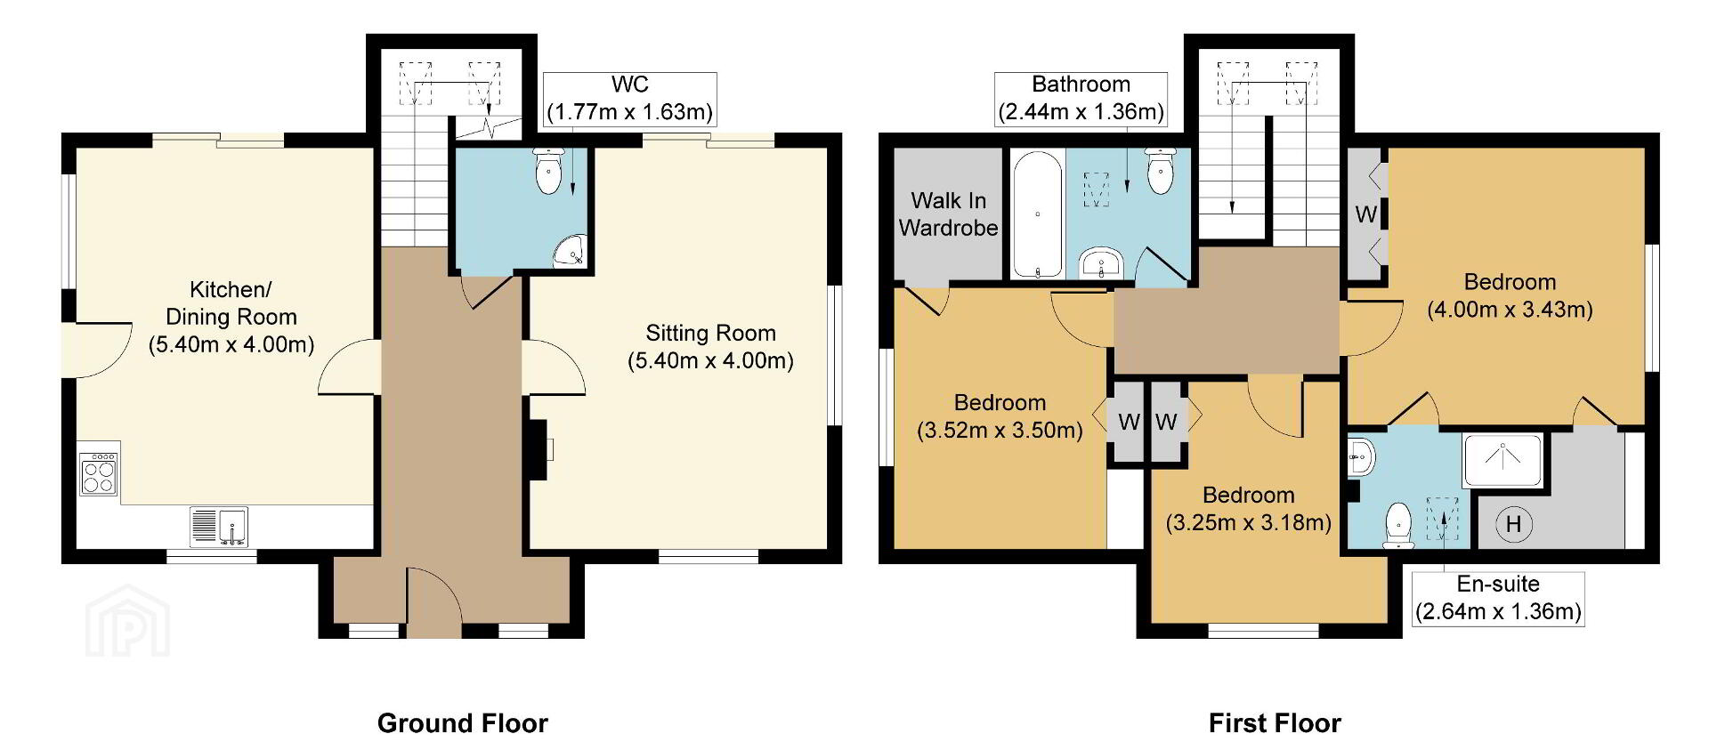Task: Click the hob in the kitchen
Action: [99, 473]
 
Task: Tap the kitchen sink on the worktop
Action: [219, 527]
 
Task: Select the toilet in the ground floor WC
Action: [547, 170]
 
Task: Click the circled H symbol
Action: [1513, 524]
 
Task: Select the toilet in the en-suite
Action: [1399, 526]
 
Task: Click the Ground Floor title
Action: [463, 722]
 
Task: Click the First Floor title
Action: [1275, 722]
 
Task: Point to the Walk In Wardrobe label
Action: [948, 214]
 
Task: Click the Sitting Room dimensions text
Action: [710, 360]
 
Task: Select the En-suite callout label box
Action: [1498, 599]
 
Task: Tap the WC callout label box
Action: [629, 99]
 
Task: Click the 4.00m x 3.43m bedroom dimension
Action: [1510, 310]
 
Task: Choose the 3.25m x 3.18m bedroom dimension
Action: [1248, 522]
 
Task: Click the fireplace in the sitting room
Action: [539, 450]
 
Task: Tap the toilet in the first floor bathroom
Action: [1159, 171]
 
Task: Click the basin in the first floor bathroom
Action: [1102, 264]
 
